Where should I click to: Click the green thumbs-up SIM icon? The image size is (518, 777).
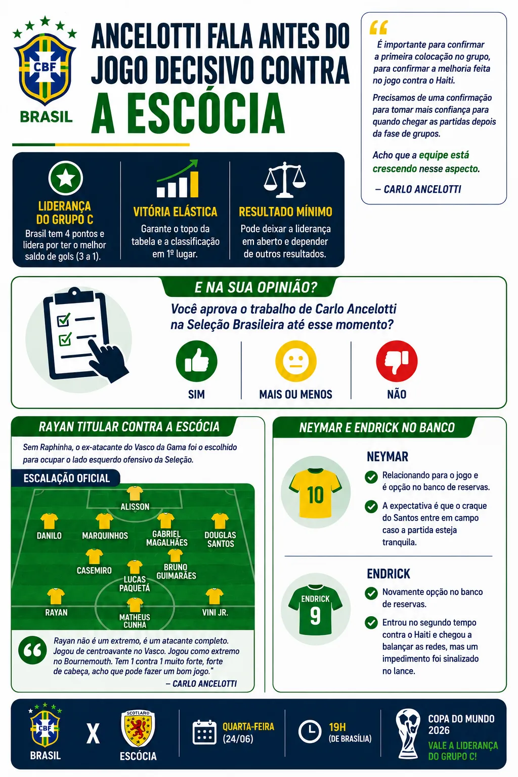pyautogui.click(x=196, y=361)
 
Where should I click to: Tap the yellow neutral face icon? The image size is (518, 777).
pyautogui.click(x=295, y=361)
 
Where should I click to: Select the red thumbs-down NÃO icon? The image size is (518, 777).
pyautogui.click(x=397, y=361)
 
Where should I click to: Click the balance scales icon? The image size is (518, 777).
pyautogui.click(x=285, y=180)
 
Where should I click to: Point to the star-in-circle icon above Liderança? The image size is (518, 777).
pyautogui.click(x=65, y=178)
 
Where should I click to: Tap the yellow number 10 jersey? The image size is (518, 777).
pyautogui.click(x=315, y=492)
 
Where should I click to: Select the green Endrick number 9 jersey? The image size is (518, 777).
pyautogui.click(x=315, y=610)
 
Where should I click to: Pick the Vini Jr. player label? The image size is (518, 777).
pyautogui.click(x=215, y=613)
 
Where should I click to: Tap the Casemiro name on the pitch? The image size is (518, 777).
pyautogui.click(x=94, y=570)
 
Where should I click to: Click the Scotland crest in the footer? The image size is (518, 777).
pyautogui.click(x=138, y=728)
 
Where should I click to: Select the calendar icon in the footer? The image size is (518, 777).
pyautogui.click(x=204, y=732)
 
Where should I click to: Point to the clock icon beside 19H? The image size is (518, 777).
pyautogui.click(x=310, y=731)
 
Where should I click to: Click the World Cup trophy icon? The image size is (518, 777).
pyautogui.click(x=408, y=733)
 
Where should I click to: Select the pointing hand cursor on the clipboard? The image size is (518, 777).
pyautogui.click(x=107, y=361)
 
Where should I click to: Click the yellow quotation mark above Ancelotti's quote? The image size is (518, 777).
pyautogui.click(x=378, y=28)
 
